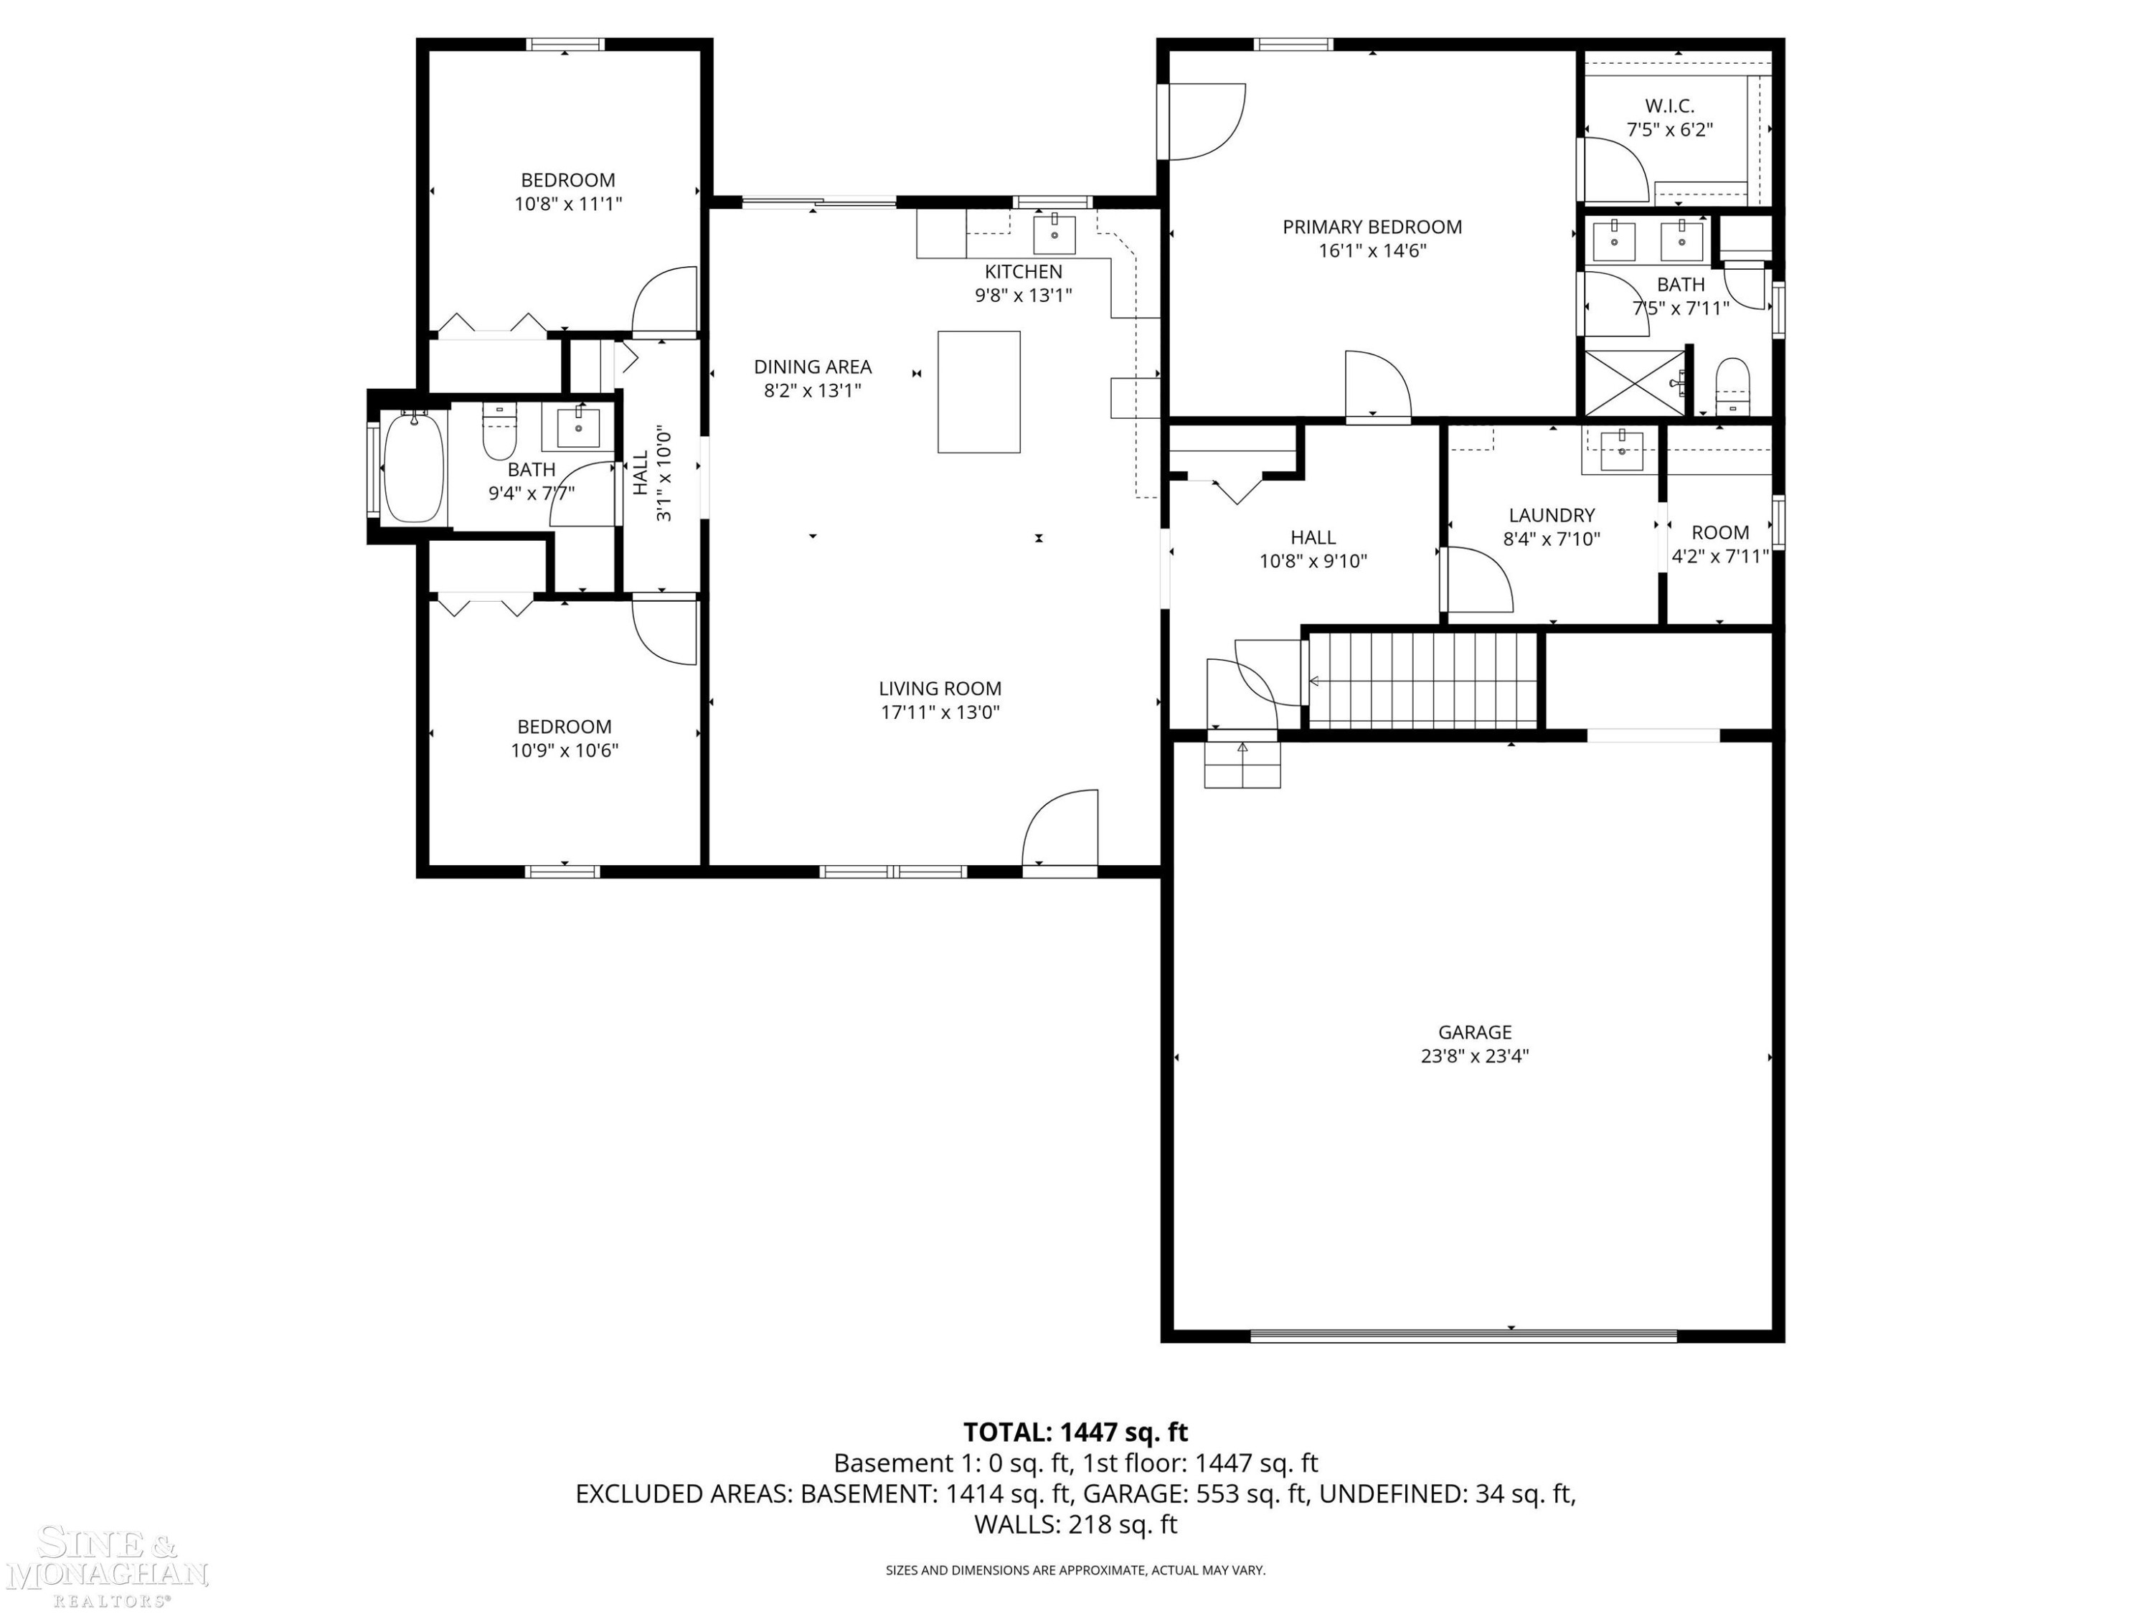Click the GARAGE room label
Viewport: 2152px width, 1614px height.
pyautogui.click(x=1475, y=1032)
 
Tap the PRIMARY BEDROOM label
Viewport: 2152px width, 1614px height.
pyautogui.click(x=1372, y=227)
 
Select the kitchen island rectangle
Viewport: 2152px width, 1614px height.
pyautogui.click(x=978, y=392)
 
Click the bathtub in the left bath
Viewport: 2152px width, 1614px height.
pyautogui.click(x=415, y=467)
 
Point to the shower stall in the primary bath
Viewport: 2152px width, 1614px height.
pyautogui.click(x=1634, y=383)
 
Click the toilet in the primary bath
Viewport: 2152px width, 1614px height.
pyautogui.click(x=1732, y=386)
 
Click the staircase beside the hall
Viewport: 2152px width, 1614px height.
pyautogui.click(x=1422, y=680)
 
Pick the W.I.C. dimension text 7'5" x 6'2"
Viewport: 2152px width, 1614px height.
pyautogui.click(x=1669, y=129)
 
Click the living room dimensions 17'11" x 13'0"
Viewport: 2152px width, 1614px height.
pyautogui.click(x=940, y=712)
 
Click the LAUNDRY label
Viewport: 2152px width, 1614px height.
pyautogui.click(x=1552, y=514)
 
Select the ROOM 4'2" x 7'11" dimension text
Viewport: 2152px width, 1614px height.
pyautogui.click(x=1720, y=557)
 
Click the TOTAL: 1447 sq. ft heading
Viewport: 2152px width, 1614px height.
pyautogui.click(x=1075, y=1432)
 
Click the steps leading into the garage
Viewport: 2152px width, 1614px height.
pyautogui.click(x=1242, y=764)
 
